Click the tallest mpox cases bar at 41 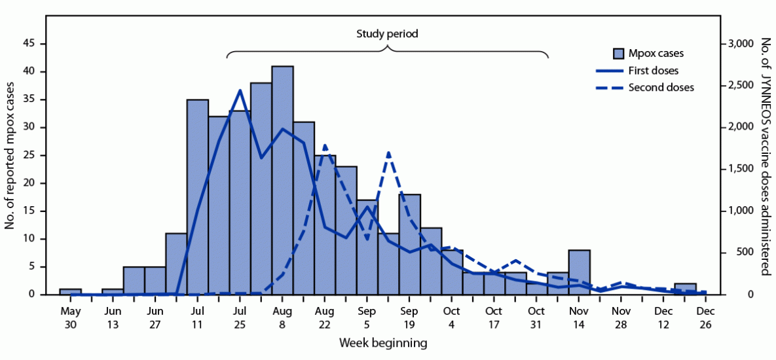282,180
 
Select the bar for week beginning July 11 197,196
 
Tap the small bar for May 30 70,291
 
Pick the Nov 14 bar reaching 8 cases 580,272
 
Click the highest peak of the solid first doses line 240,90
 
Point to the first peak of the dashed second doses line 325,145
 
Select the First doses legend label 653,71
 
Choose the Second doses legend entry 660,87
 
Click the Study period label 387,33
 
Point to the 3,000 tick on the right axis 740,44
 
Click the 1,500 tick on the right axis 740,170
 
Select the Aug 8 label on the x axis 282,317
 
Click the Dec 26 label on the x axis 705,317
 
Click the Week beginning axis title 383,342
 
